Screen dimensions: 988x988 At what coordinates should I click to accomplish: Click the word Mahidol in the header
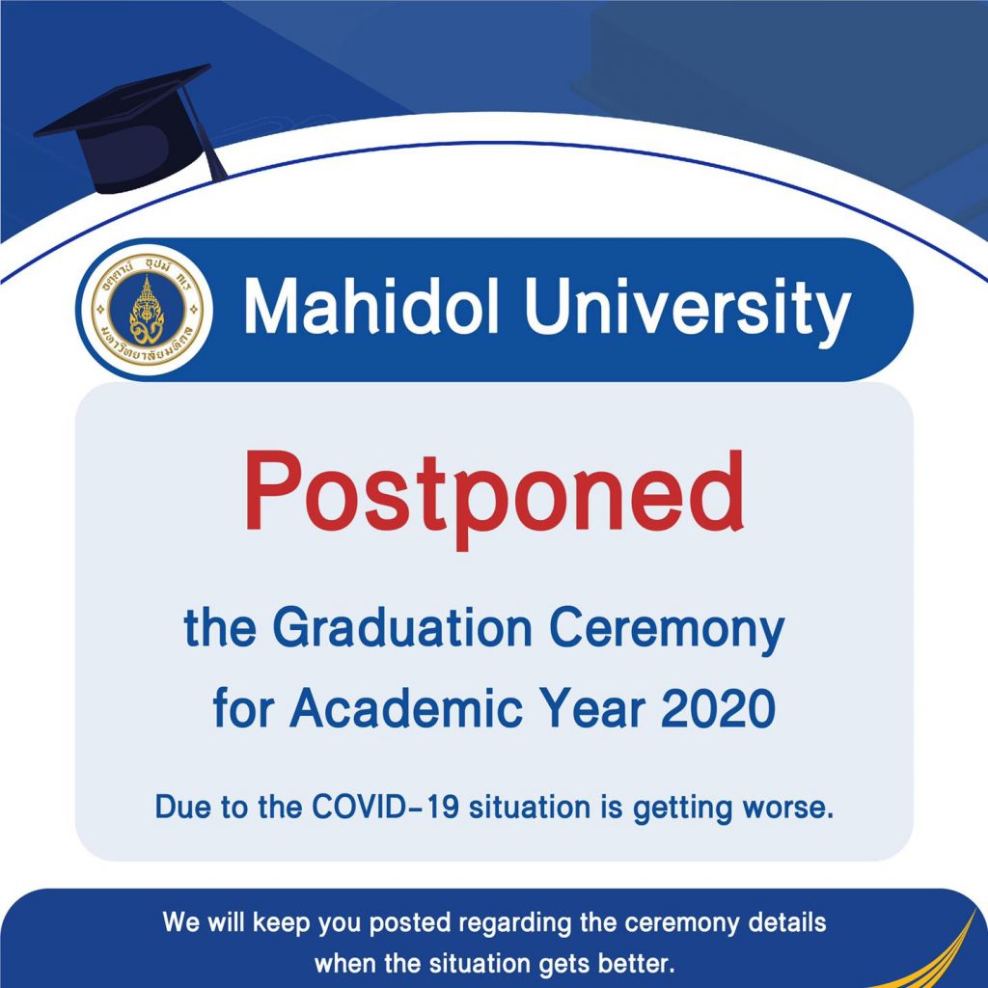[371, 307]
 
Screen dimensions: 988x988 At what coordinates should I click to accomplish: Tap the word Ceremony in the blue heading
[667, 631]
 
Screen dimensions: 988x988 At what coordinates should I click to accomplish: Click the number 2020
[718, 708]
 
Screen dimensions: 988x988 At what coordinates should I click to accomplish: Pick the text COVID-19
[385, 807]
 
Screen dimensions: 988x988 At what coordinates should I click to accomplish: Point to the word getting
[683, 810]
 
